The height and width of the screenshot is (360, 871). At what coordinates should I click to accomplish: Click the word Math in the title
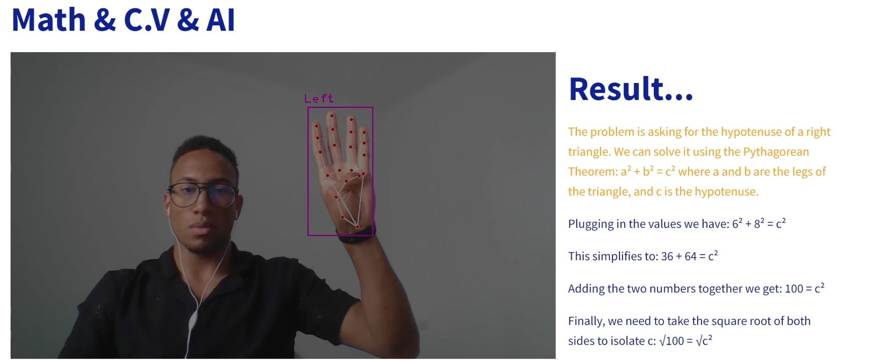(x=49, y=20)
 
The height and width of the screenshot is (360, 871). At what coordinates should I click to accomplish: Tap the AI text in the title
(x=220, y=20)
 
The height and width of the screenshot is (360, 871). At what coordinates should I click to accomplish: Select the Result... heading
(x=631, y=89)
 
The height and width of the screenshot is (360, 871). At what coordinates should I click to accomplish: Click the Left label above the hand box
(x=319, y=99)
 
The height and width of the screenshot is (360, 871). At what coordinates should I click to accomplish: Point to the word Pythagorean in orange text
(x=776, y=152)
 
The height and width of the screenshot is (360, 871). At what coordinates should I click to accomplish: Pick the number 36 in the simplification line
(x=667, y=256)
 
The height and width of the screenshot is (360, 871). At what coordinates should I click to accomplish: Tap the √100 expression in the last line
(x=672, y=341)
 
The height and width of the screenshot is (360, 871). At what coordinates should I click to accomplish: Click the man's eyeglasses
(x=203, y=195)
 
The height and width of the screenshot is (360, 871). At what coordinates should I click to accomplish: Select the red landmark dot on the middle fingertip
(x=332, y=115)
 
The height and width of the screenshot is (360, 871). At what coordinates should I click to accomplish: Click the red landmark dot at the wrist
(x=357, y=227)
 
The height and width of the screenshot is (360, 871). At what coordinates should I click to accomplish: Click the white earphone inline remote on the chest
(x=193, y=321)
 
